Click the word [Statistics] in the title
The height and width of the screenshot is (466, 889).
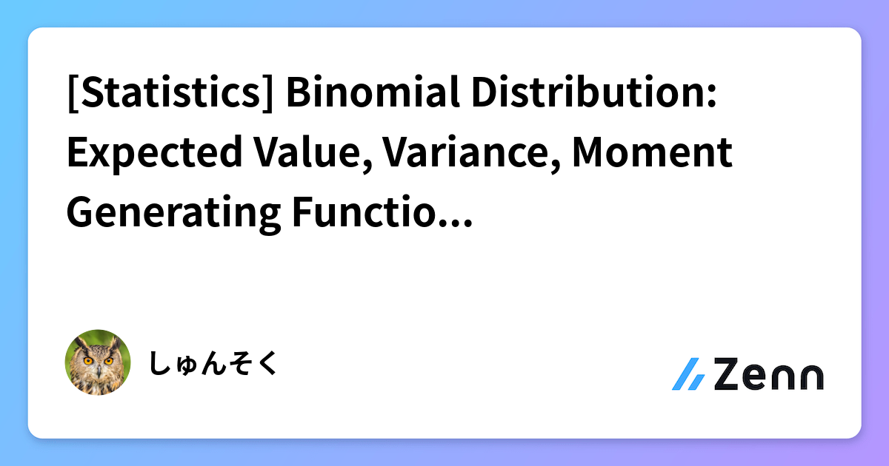pyautogui.click(x=170, y=92)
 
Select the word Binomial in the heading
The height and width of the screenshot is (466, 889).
pyautogui.click(x=373, y=92)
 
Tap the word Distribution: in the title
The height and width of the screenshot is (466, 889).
pyautogui.click(x=594, y=92)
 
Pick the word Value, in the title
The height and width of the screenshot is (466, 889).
pyautogui.click(x=313, y=154)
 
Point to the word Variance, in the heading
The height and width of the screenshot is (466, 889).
pyautogui.click(x=471, y=154)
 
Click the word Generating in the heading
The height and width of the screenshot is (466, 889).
pyautogui.click(x=174, y=214)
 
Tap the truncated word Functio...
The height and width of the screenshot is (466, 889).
pyautogui.click(x=382, y=212)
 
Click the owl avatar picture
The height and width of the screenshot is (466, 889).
pyautogui.click(x=98, y=362)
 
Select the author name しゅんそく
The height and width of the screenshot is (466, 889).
pyautogui.click(x=213, y=363)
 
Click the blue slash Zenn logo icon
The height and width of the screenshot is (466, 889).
pyautogui.click(x=688, y=374)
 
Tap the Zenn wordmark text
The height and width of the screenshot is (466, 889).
pyautogui.click(x=769, y=374)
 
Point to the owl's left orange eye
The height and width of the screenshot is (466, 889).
pyautogui.click(x=88, y=361)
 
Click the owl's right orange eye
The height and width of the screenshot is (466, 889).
pyautogui.click(x=108, y=361)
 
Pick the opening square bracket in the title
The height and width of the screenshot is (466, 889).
pyautogui.click(x=73, y=93)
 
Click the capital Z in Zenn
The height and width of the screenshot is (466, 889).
pyautogui.click(x=727, y=374)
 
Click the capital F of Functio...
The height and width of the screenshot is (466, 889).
pyautogui.click(x=303, y=213)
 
